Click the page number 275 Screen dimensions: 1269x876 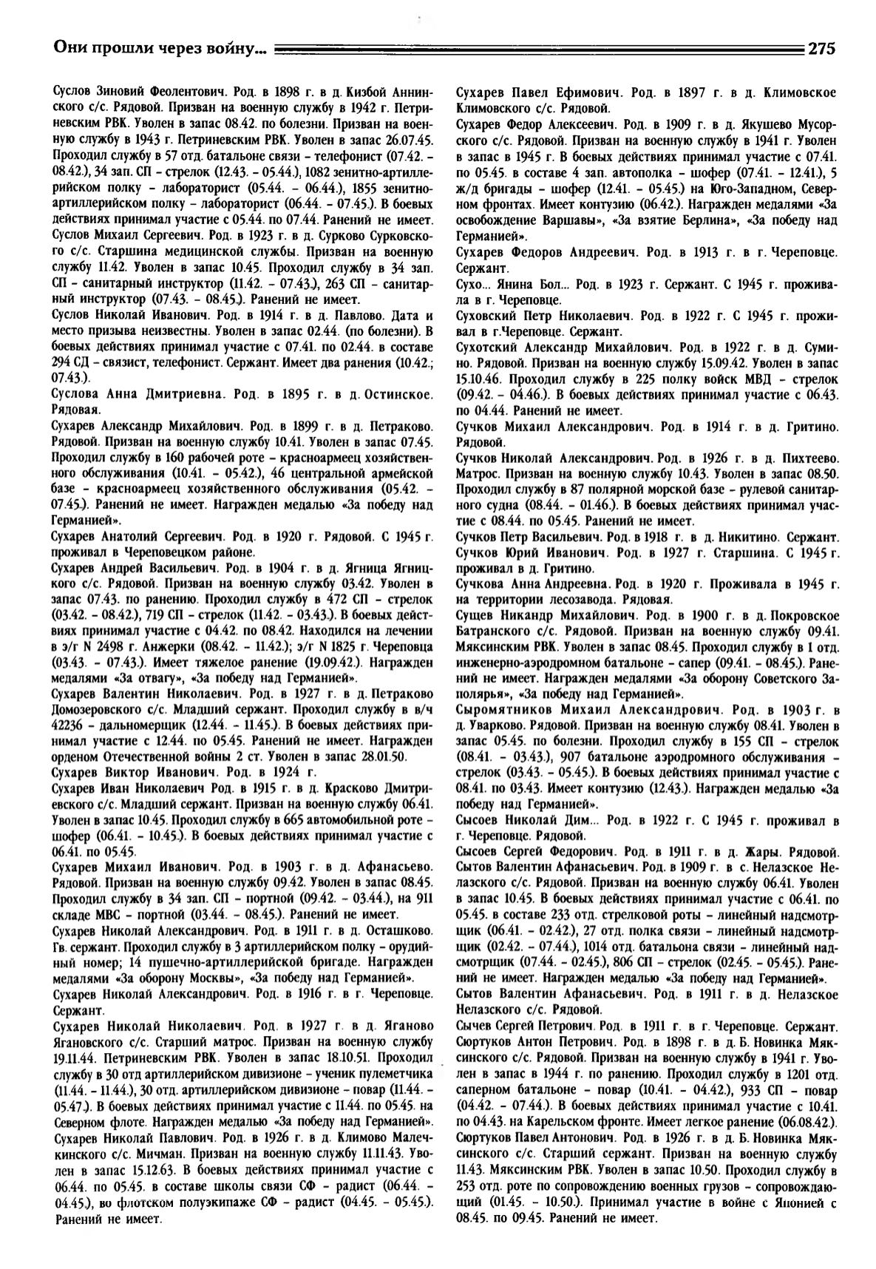pos(821,50)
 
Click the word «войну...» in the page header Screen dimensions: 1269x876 pos(239,50)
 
